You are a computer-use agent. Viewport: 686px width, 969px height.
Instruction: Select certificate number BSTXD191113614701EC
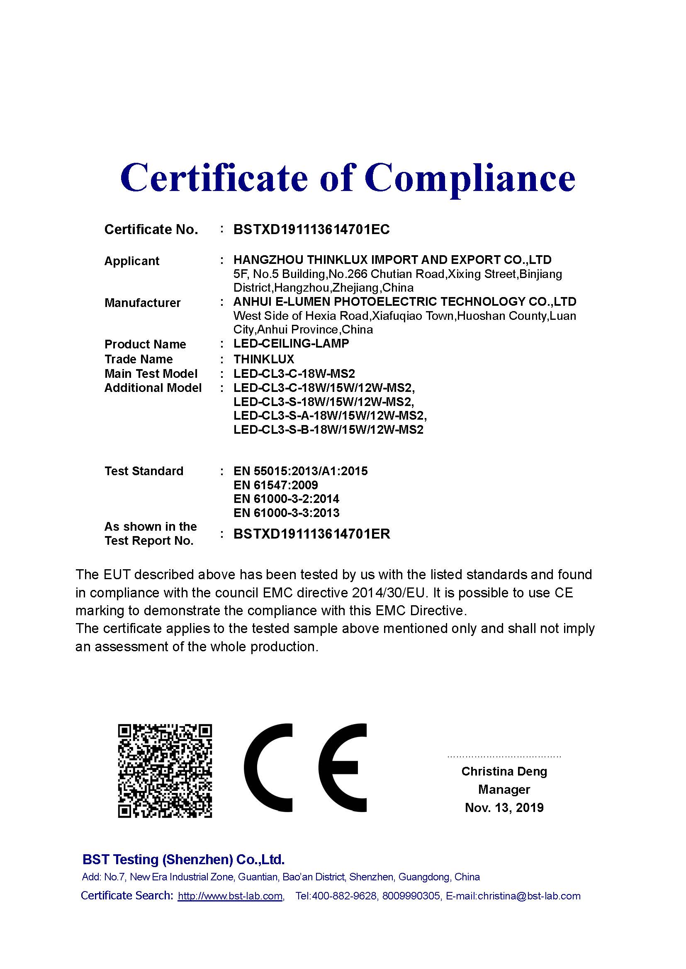311,230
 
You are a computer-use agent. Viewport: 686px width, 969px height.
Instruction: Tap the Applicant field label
132,261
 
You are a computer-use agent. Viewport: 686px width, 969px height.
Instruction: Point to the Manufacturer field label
142,302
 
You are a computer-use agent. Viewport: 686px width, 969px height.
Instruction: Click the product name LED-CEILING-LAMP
291,343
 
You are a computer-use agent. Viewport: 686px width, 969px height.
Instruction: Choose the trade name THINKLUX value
264,359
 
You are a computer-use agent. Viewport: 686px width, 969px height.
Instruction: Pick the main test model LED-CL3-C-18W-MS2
294,374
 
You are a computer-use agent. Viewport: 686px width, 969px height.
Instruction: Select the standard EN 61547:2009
275,485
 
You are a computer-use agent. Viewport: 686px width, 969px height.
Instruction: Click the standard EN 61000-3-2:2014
286,499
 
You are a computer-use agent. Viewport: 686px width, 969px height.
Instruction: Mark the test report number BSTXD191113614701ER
311,534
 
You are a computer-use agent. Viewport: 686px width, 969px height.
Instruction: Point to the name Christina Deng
504,771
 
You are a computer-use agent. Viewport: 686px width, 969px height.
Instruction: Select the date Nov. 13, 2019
504,807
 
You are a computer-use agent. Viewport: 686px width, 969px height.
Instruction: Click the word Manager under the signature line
504,789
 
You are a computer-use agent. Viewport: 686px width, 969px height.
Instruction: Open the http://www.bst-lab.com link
230,896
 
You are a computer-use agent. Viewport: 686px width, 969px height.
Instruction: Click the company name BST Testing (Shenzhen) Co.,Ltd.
183,859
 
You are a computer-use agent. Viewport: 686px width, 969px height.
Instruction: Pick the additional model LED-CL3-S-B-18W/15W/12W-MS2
328,430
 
